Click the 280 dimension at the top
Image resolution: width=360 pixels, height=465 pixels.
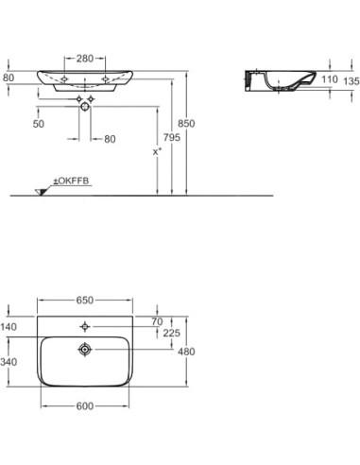click(x=85, y=59)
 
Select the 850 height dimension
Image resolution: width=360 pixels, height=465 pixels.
click(x=186, y=123)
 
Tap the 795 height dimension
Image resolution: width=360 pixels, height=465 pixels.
click(x=172, y=137)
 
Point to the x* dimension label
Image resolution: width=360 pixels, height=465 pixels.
click(x=157, y=151)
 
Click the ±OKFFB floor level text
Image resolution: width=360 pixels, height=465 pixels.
click(x=71, y=181)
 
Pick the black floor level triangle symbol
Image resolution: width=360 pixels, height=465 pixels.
click(x=41, y=192)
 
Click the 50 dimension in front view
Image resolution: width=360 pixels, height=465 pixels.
click(x=39, y=124)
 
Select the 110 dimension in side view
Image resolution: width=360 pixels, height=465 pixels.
click(x=330, y=79)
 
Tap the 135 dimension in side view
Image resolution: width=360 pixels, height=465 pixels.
click(x=351, y=81)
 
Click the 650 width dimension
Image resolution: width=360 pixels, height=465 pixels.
click(x=85, y=301)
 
